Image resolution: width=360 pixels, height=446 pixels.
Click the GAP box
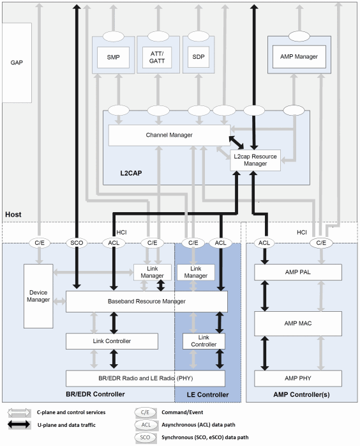pos(16,63)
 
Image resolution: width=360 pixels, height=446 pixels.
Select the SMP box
pos(113,58)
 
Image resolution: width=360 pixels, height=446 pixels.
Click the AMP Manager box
pos(299,57)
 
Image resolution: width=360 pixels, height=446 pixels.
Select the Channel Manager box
pos(169,135)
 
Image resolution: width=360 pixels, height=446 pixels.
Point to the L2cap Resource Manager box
pos(255,160)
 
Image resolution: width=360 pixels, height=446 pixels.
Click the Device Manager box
pos(38,296)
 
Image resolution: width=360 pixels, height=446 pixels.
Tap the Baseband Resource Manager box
pos(146,301)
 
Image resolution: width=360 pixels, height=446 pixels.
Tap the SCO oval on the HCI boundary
pos(76,243)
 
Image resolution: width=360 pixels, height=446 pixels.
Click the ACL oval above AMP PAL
pos(263,243)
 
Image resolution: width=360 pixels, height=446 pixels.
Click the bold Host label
pos(13,215)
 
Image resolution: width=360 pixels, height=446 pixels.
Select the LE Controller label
pos(207,394)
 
